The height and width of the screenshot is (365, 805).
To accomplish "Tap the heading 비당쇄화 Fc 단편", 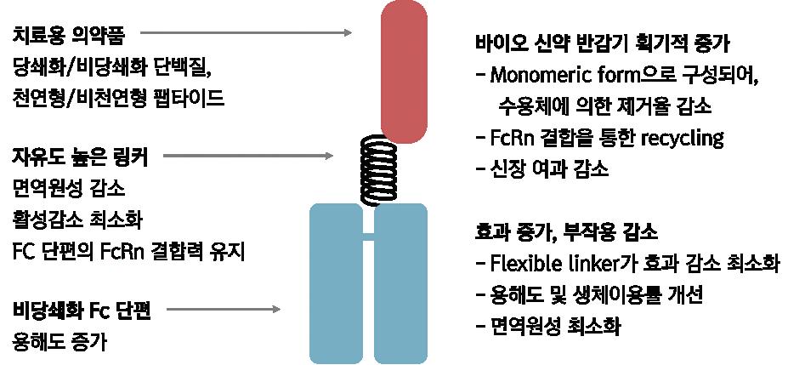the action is pos(82,311).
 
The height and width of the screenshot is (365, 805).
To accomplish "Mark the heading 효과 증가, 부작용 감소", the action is pos(565,231).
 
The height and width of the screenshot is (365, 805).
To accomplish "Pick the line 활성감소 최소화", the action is pos(78,220).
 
